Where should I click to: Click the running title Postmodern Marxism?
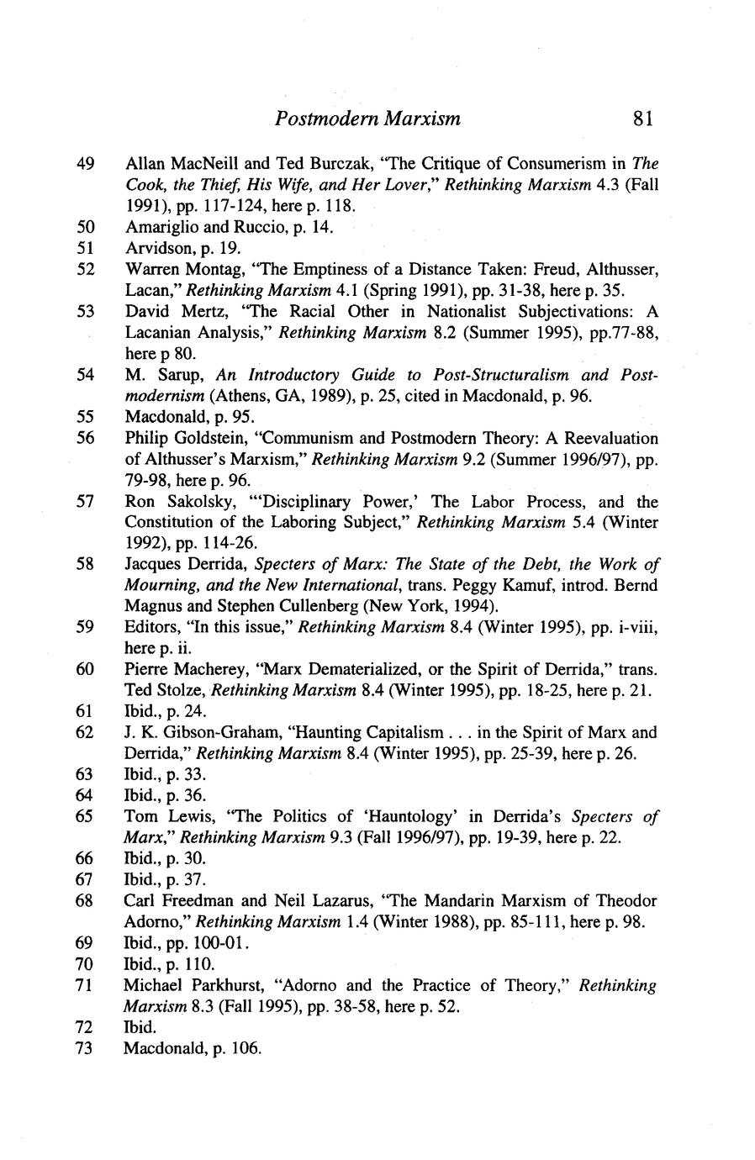point(367,118)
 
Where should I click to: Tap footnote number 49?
point(85,163)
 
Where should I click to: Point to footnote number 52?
point(85,269)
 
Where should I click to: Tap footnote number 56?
point(85,438)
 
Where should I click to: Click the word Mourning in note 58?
point(160,585)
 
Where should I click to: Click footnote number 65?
point(85,816)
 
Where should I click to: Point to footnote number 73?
point(85,1048)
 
